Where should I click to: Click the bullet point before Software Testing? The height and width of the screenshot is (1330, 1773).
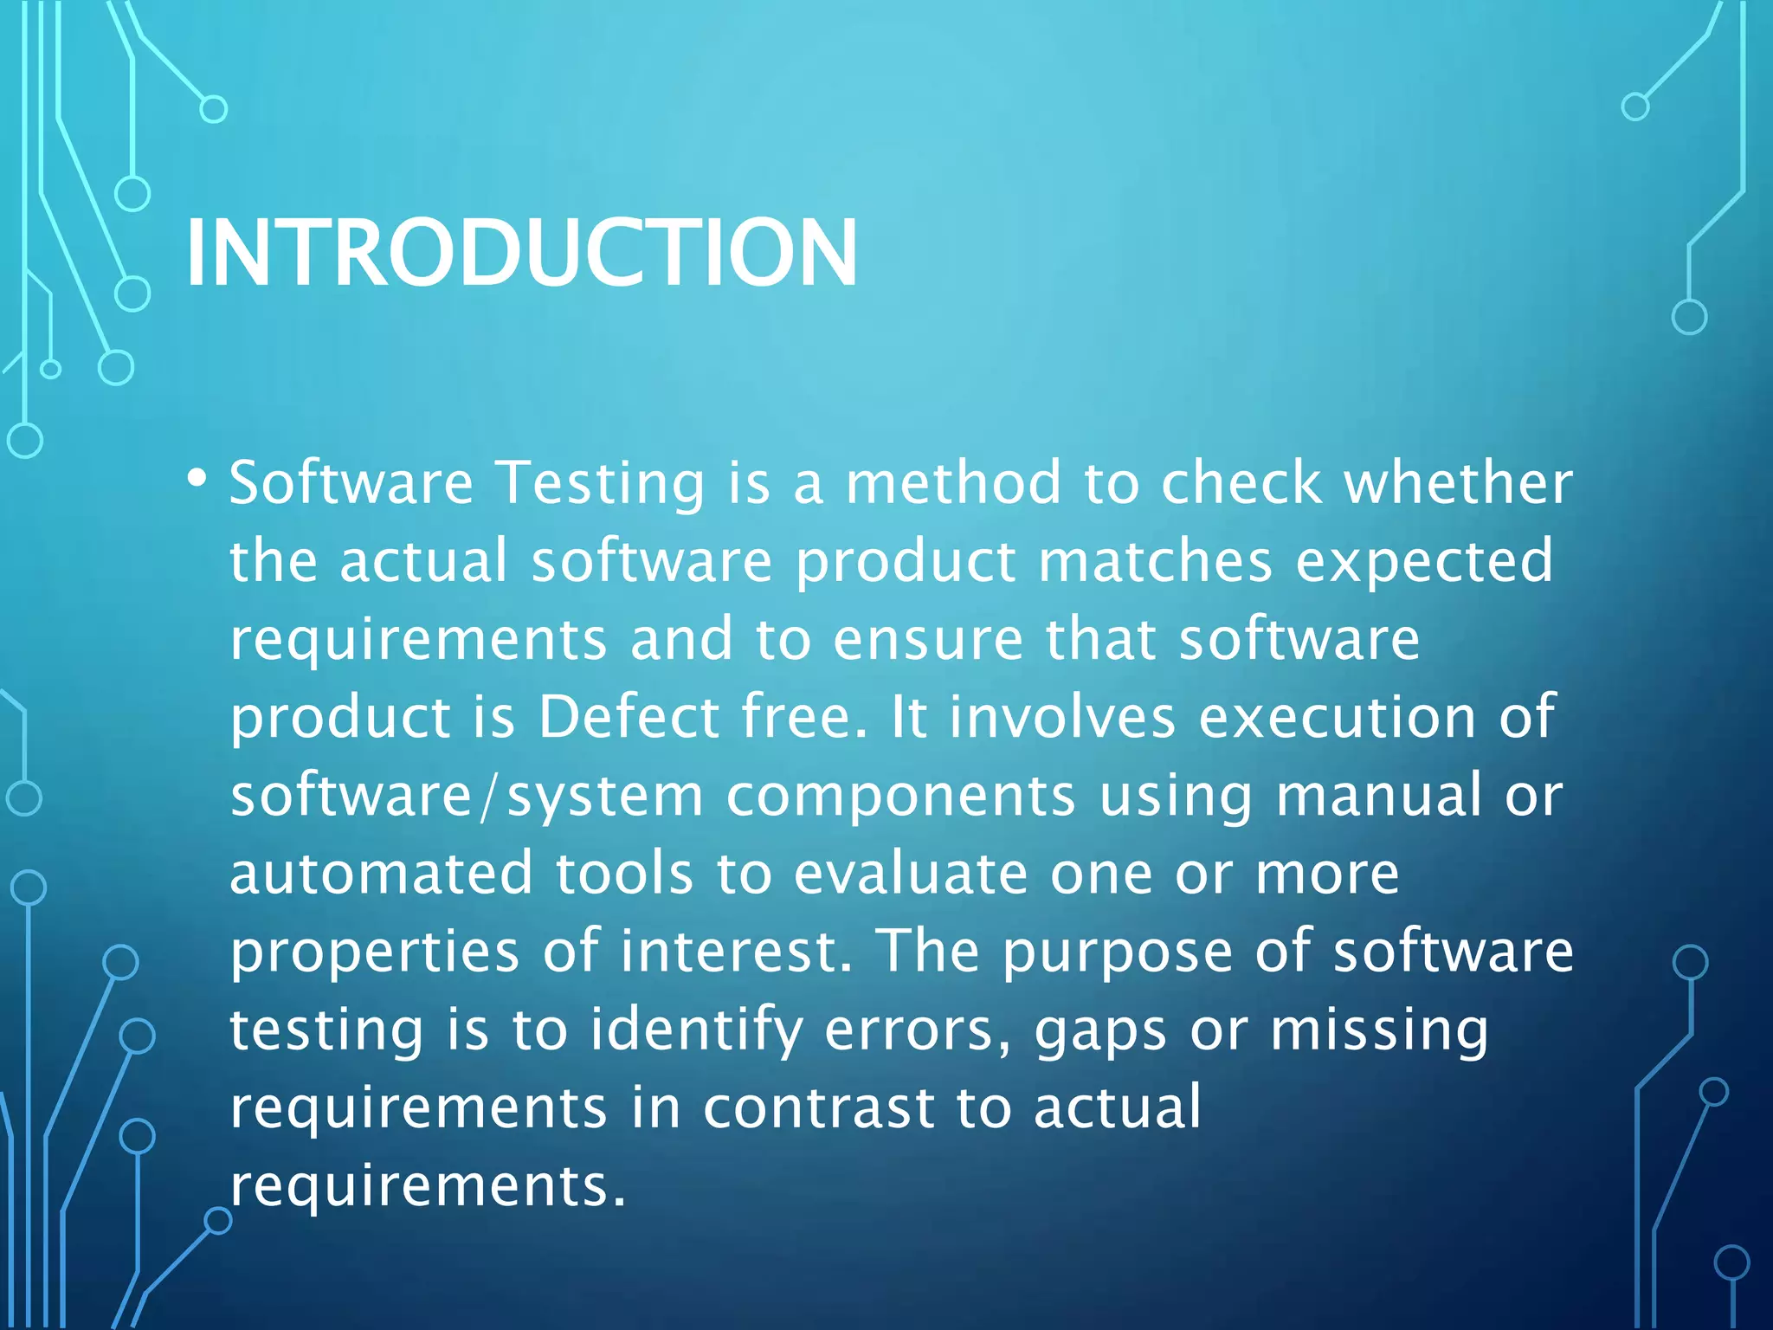(x=197, y=478)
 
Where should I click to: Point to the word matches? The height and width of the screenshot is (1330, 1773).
(x=1155, y=560)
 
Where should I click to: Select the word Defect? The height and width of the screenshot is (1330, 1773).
(x=629, y=717)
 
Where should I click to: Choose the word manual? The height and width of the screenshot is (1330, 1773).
(x=1378, y=795)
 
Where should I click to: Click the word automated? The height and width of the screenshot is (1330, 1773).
(x=381, y=873)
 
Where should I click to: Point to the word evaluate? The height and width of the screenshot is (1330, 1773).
(x=911, y=873)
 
